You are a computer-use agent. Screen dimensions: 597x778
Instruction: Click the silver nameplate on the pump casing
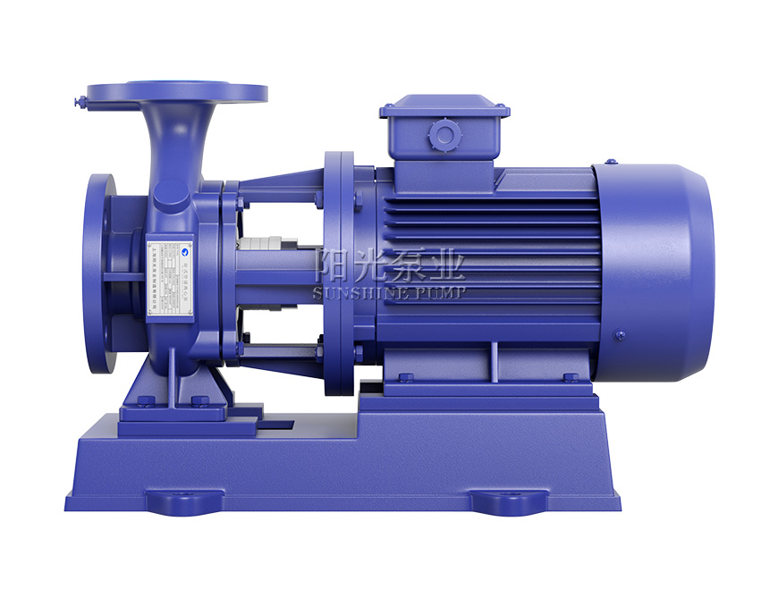169,277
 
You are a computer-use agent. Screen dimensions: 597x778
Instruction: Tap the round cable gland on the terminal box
444,136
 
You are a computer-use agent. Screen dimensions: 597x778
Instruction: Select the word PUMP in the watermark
438,291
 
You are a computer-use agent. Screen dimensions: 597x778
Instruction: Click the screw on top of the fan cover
611,162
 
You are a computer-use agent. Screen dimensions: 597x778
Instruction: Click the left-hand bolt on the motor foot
405,377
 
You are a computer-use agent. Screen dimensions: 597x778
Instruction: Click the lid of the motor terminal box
444,110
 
